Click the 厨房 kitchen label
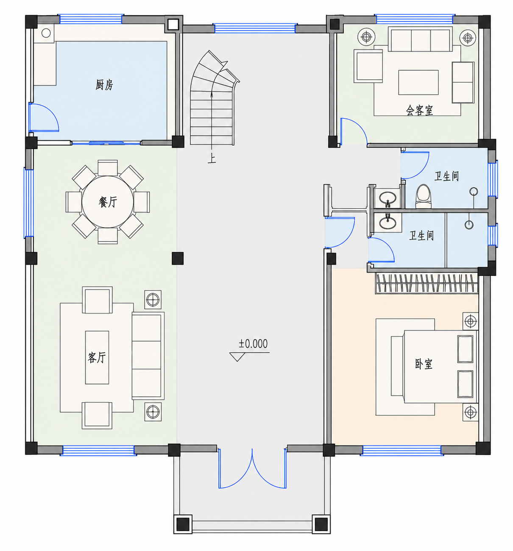pyautogui.click(x=104, y=85)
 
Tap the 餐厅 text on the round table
pyautogui.click(x=108, y=202)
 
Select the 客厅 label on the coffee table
pyautogui.click(x=97, y=358)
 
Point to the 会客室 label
pyautogui.click(x=419, y=111)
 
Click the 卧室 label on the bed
pyautogui.click(x=424, y=364)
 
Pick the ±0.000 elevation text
pyautogui.click(x=253, y=344)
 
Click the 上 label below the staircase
pyautogui.click(x=212, y=159)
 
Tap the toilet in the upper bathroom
pyautogui.click(x=424, y=196)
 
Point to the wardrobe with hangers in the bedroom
pyautogui.click(x=427, y=283)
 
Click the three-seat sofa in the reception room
pyautogui.click(x=420, y=39)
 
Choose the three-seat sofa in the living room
pyautogui.click(x=148, y=356)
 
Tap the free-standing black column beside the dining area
pyautogui.click(x=177, y=258)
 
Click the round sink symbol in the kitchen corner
pyautogui.click(x=46, y=33)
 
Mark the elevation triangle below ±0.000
pyautogui.click(x=237, y=357)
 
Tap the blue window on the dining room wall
pyautogui.click(x=28, y=203)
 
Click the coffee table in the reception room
pyautogui.click(x=418, y=82)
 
